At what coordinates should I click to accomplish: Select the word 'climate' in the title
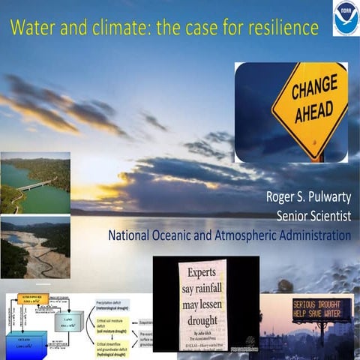point(123,28)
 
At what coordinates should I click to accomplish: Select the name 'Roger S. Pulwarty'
point(308,197)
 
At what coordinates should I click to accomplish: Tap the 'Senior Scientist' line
point(314,216)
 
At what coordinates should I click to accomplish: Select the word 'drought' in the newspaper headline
point(202,314)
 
